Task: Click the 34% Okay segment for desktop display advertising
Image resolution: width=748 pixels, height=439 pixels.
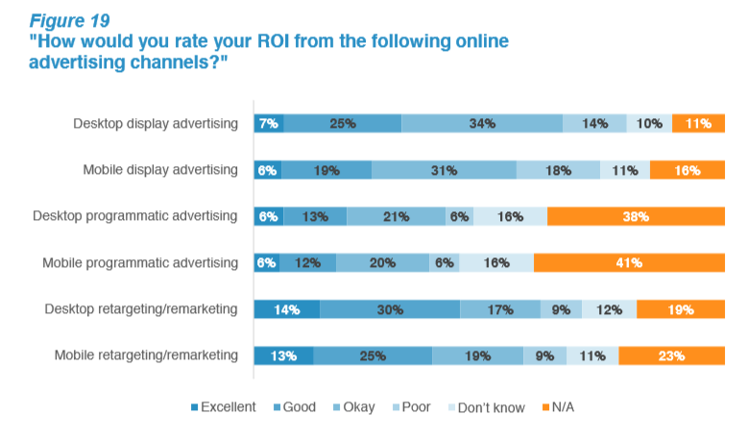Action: [482, 123]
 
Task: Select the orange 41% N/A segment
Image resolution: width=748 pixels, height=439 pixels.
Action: [629, 262]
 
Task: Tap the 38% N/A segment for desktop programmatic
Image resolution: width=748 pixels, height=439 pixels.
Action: [636, 216]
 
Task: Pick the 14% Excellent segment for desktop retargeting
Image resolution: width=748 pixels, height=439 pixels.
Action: [286, 309]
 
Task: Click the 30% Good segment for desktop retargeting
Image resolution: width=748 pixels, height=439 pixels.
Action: [389, 309]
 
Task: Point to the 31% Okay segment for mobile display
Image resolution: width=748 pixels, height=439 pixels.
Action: [444, 170]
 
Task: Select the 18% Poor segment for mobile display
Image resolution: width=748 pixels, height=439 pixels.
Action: [558, 170]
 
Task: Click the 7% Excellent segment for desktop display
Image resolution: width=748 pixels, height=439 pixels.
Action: [268, 123]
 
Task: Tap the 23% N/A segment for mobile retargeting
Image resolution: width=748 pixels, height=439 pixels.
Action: [671, 355]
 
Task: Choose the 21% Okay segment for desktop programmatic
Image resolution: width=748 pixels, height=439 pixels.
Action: [396, 216]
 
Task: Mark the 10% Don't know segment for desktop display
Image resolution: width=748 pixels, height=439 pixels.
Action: [649, 123]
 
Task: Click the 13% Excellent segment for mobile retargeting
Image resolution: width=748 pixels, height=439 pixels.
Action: [283, 355]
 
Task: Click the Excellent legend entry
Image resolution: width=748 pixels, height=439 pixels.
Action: [223, 407]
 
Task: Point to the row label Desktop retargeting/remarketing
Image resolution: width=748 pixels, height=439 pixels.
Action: [142, 309]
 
